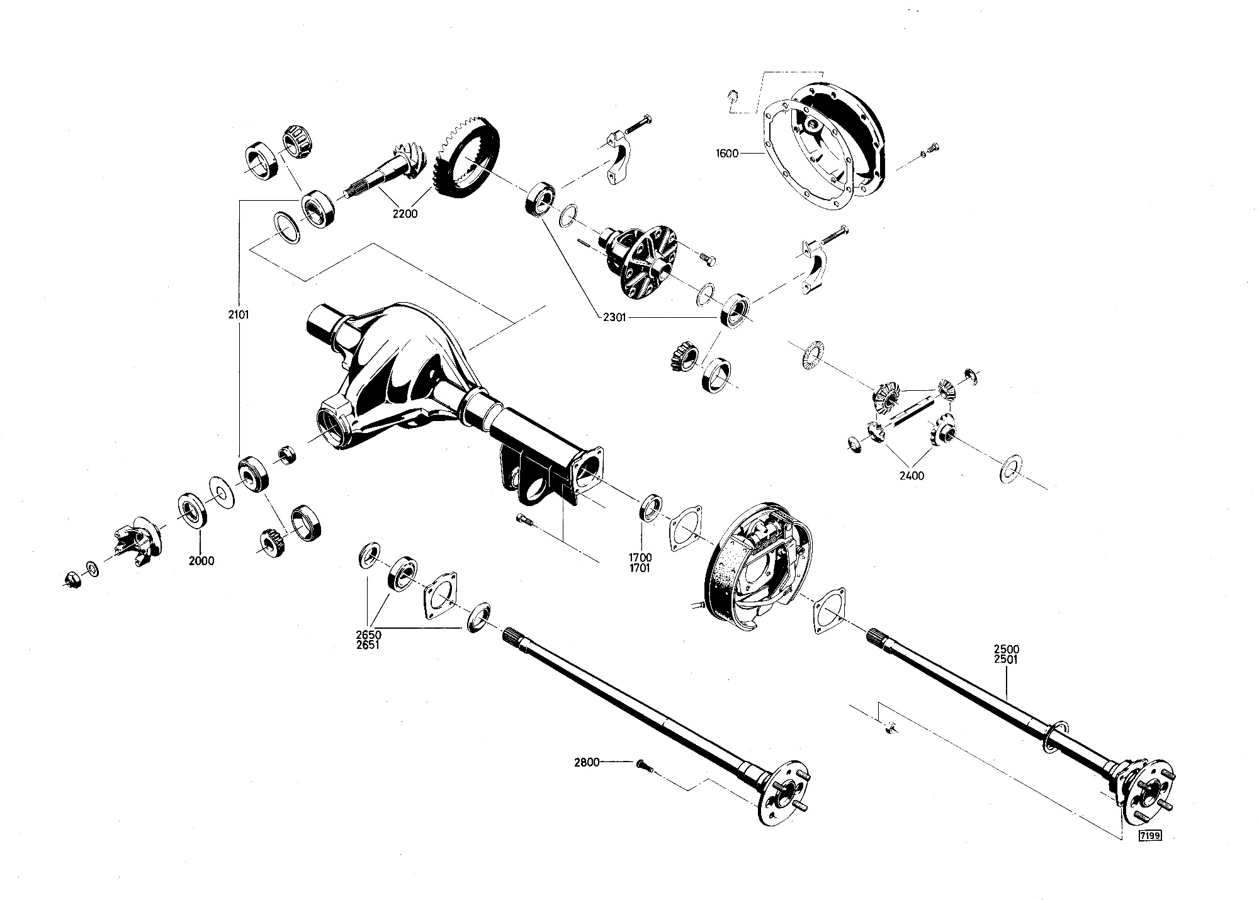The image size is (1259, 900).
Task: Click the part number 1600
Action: [726, 154]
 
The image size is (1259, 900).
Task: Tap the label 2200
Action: [405, 214]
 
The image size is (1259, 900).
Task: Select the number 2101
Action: [239, 315]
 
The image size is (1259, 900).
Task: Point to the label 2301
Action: [613, 318]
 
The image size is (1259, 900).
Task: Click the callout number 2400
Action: [912, 476]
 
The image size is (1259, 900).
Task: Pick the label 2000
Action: [201, 561]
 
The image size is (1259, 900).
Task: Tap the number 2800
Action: [587, 763]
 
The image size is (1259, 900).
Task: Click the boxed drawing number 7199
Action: [1149, 836]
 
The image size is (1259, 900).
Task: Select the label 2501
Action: [1006, 660]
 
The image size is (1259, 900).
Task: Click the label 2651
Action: [368, 644]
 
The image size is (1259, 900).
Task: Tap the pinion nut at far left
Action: [71, 578]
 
